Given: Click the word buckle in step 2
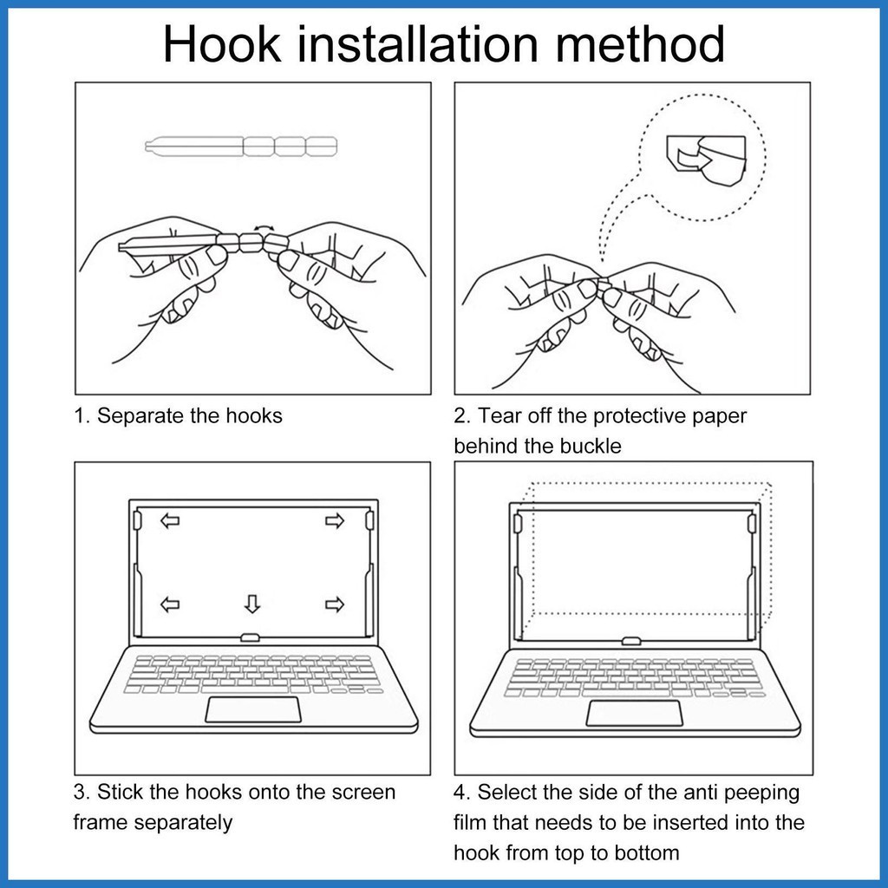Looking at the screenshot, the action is pos(591,446).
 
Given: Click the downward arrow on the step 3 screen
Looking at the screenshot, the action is pos(252,604).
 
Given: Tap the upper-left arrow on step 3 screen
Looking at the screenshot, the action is pos(170,520).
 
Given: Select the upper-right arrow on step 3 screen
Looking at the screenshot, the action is pos(335,520).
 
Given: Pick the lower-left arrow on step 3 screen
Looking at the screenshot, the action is pos(170,604).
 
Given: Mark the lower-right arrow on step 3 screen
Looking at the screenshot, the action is pos(335,604).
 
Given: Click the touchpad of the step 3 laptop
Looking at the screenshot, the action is pos(253,709).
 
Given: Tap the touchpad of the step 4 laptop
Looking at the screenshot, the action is pos(634,713).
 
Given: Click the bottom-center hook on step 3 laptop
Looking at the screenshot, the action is pos(251,637).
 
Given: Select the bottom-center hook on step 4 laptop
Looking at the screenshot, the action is pos(631,641).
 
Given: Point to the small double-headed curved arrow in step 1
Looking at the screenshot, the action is pos(264,227).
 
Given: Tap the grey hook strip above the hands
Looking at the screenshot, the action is pos(241,146).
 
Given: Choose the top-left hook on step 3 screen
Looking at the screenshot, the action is pos(138,520).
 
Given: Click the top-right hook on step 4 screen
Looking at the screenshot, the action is pos(752,523).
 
